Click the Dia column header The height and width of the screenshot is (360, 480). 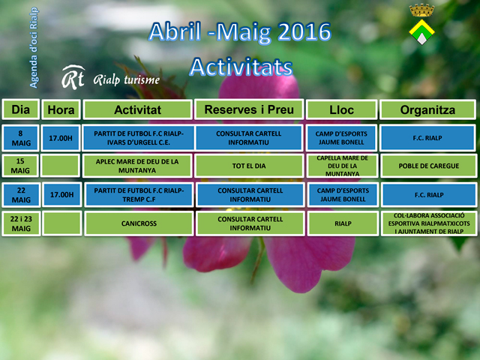point(21,109)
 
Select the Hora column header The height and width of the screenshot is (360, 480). point(61,109)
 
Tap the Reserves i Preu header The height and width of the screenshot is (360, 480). point(249,109)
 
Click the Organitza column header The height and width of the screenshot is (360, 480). point(427,109)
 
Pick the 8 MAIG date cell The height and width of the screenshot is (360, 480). point(21,138)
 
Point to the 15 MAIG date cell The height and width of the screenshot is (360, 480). point(20,166)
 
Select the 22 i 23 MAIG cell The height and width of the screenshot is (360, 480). point(21,223)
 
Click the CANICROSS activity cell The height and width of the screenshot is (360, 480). point(139,223)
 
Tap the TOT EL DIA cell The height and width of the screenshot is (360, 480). point(249,166)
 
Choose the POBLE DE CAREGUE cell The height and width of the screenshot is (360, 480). point(428,166)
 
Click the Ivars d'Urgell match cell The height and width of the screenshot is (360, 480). point(138,138)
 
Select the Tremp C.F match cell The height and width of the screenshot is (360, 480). point(139,195)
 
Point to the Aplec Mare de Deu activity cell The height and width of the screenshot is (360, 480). point(137,166)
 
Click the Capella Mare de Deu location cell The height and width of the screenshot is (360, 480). point(342,166)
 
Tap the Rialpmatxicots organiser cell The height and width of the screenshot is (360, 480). point(429,223)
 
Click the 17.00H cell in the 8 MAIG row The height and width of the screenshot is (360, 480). point(61,138)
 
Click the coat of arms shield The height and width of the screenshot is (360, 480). point(421,31)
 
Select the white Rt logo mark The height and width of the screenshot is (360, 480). point(73,77)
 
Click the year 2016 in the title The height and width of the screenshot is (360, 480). point(304,31)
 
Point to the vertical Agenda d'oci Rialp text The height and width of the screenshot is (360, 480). point(34,47)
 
